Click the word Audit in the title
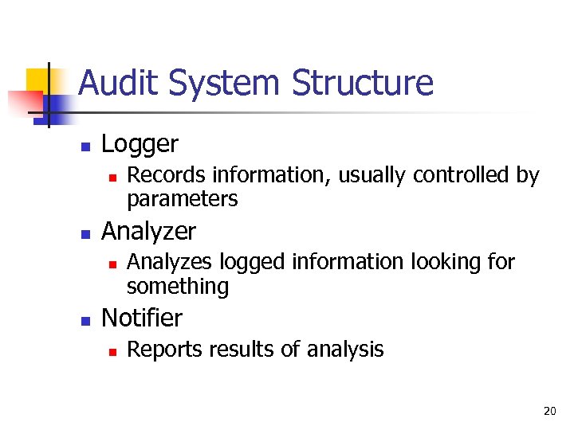coord(117,83)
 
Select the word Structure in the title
coord(363,83)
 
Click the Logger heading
coord(140,144)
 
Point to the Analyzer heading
coord(149,232)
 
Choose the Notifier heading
coord(143,319)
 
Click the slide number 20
coord(549,411)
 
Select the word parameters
coord(183,199)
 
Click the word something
coord(178,286)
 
